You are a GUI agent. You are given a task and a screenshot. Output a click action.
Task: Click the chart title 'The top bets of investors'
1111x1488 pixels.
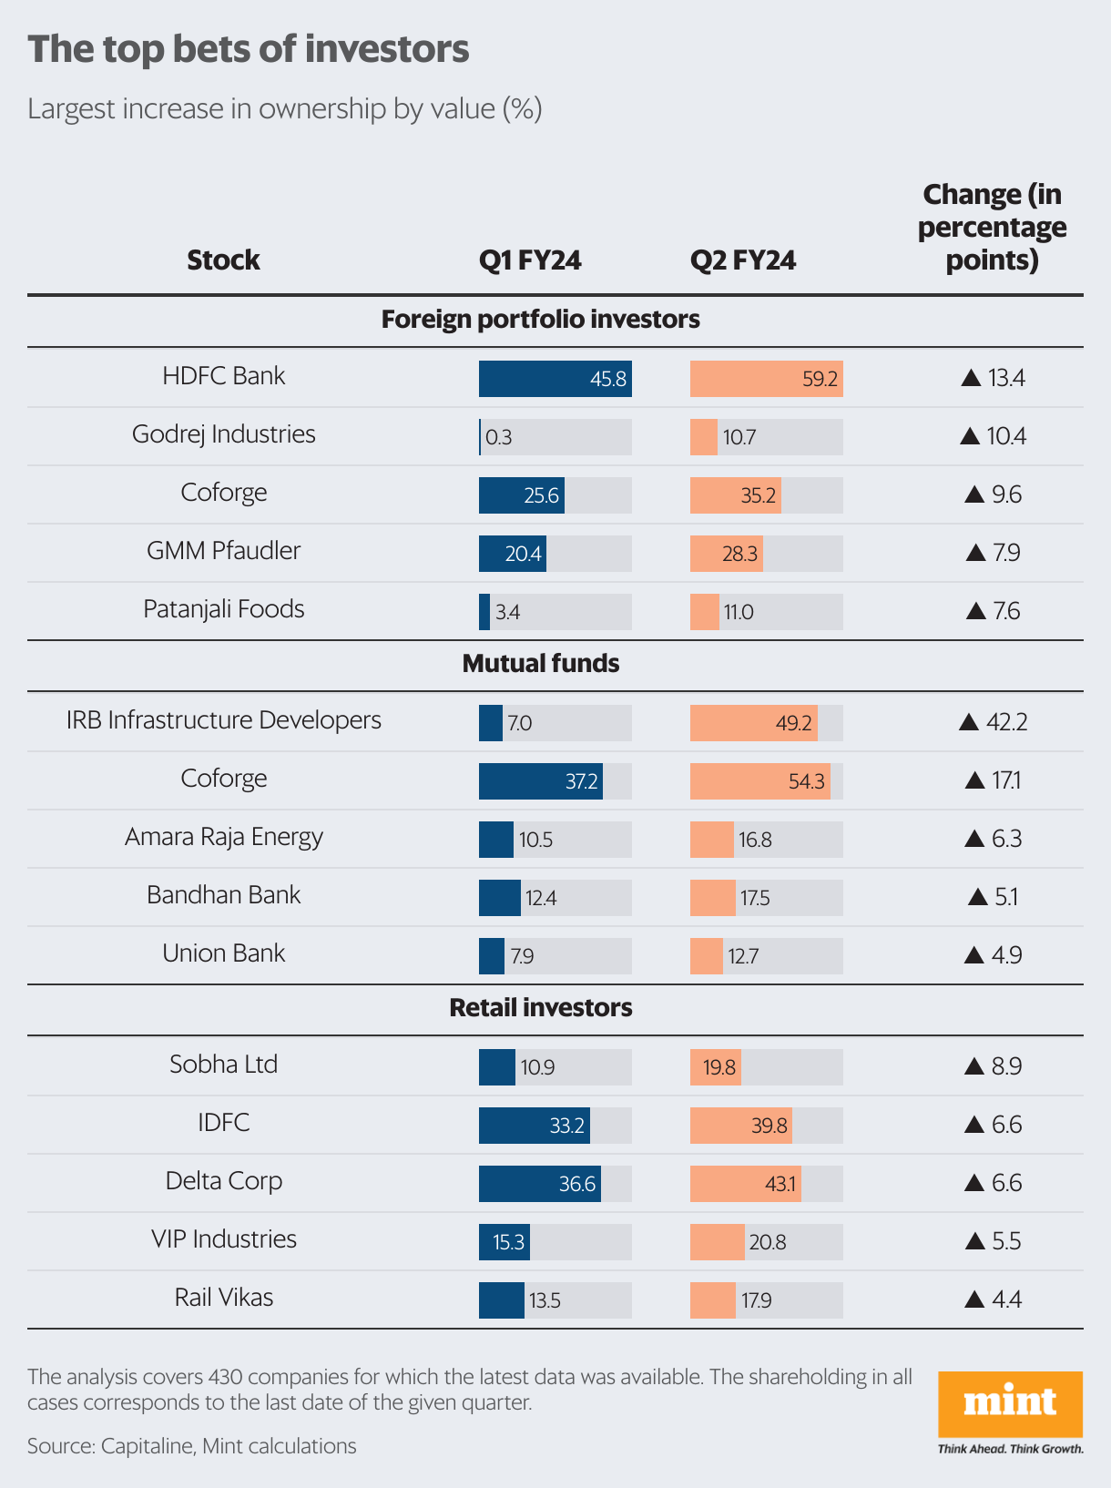point(249,49)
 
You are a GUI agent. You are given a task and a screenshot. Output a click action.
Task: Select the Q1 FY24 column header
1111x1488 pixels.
point(530,260)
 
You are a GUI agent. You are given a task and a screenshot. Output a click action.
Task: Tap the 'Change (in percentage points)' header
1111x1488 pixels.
point(992,227)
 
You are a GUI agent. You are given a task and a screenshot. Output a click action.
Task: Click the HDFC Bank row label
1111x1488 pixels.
point(223,376)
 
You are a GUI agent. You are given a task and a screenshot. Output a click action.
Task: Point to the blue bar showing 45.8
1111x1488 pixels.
point(555,379)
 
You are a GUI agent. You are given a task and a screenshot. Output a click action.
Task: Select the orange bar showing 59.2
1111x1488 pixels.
point(766,379)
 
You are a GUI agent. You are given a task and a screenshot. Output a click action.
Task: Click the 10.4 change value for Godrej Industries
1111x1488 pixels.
point(1005,436)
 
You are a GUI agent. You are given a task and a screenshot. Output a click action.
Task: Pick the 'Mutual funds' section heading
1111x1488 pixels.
point(541,664)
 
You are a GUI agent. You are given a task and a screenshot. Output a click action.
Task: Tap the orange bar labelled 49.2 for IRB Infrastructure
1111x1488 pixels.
point(753,723)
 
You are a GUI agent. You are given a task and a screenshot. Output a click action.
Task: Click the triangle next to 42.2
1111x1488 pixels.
point(969,723)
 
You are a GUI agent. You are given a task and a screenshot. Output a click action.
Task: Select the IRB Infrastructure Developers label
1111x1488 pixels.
point(223,720)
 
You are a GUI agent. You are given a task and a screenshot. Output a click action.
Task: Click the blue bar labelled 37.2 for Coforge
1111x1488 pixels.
point(540,781)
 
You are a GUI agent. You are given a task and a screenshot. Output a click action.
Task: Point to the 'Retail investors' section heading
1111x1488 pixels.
point(541,1008)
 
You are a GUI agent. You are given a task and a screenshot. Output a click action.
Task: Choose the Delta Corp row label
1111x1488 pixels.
point(223,1181)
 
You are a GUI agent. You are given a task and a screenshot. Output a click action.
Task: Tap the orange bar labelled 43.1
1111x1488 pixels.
point(745,1184)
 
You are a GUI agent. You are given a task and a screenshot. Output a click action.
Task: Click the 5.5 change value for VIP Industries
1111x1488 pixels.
point(1005,1241)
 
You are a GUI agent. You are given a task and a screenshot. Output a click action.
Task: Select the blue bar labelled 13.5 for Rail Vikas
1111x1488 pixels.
point(502,1300)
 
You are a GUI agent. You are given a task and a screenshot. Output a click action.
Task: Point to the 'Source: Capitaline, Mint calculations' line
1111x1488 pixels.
point(192,1446)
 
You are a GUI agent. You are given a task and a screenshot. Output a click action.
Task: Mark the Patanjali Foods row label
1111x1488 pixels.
point(223,609)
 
